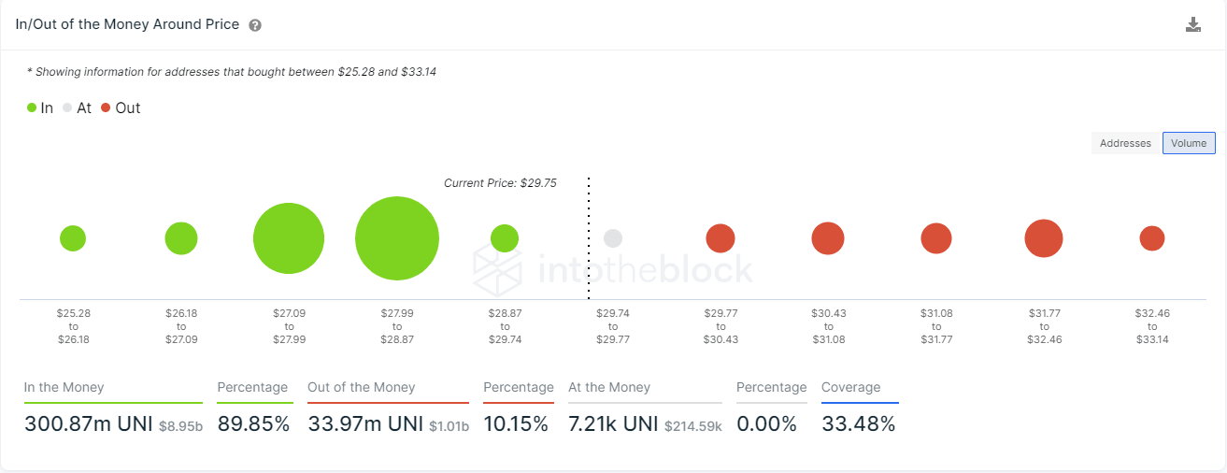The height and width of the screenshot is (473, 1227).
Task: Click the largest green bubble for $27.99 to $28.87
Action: [x=397, y=238]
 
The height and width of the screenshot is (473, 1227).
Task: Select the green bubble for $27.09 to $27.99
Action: [x=289, y=238]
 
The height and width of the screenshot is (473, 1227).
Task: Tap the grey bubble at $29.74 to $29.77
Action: [x=613, y=238]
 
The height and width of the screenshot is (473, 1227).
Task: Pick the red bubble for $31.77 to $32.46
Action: [x=1044, y=238]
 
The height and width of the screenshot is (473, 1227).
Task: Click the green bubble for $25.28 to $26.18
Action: [x=73, y=238]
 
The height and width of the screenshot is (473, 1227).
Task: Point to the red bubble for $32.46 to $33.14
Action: [x=1151, y=238]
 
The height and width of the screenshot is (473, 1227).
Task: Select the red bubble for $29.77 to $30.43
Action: [x=720, y=238]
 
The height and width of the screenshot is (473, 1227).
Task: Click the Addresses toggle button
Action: [x=1125, y=143]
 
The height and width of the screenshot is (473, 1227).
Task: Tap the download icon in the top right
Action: [x=1193, y=25]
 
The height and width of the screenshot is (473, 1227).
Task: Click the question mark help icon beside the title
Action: [x=255, y=25]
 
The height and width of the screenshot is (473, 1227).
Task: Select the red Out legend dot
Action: [x=106, y=108]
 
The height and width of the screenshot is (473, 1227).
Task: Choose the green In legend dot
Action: [x=32, y=108]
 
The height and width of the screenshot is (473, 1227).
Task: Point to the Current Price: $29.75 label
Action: [x=500, y=183]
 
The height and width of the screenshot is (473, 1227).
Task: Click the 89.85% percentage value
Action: [x=253, y=423]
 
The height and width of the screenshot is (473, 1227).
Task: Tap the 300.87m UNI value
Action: [x=83, y=423]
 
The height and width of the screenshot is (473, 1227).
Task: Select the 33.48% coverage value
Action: [x=858, y=423]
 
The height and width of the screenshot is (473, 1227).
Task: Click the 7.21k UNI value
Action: [x=613, y=423]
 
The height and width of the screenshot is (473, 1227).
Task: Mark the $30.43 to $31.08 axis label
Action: [x=828, y=326]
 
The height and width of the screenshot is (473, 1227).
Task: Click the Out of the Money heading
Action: [x=361, y=387]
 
